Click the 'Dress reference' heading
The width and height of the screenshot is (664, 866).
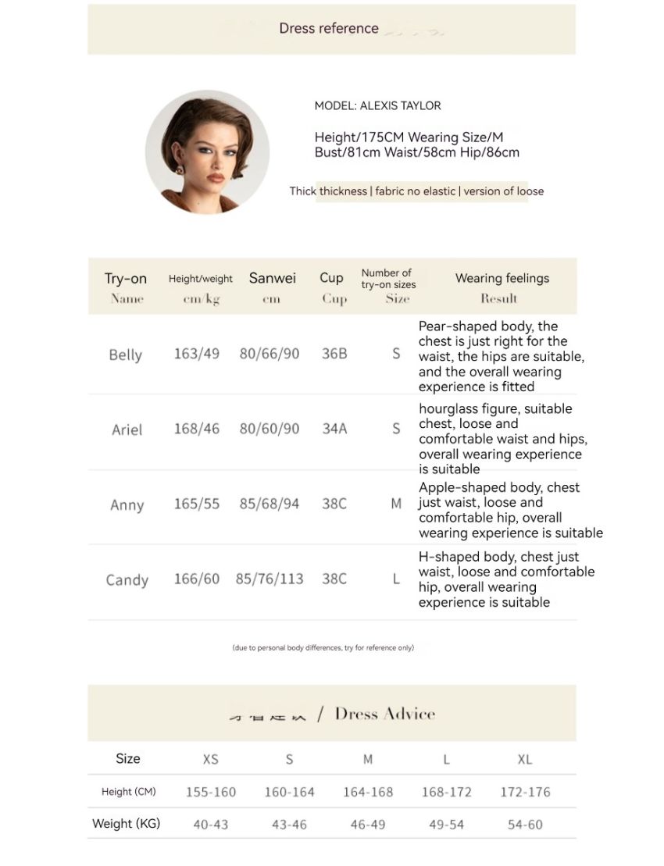pos(329,29)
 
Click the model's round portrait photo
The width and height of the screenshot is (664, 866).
pos(207,151)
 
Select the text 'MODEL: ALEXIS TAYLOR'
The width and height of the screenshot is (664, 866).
pos(377,105)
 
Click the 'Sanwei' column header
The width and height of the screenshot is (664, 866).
pos(272,278)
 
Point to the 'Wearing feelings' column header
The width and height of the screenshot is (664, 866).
pos(502,278)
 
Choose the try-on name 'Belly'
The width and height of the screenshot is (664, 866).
pos(125,355)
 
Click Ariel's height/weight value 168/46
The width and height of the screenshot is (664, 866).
pos(197,429)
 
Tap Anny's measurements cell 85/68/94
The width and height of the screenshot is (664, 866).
pos(270,504)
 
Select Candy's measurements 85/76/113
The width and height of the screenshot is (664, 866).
pos(270,579)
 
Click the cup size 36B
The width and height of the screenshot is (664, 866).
pos(334,354)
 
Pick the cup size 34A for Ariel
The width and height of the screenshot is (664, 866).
pos(334,429)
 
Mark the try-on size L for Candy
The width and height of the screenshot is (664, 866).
pos(396,579)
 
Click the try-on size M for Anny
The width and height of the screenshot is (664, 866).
pos(396,504)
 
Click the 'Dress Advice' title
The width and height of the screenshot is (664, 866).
pos(384,714)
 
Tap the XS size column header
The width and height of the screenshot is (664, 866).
pos(210,759)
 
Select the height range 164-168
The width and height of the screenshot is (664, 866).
pos(368,792)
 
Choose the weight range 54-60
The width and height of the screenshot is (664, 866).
pos(525,825)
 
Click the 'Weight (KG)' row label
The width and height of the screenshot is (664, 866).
pos(126,824)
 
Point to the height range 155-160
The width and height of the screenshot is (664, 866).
pos(211,792)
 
